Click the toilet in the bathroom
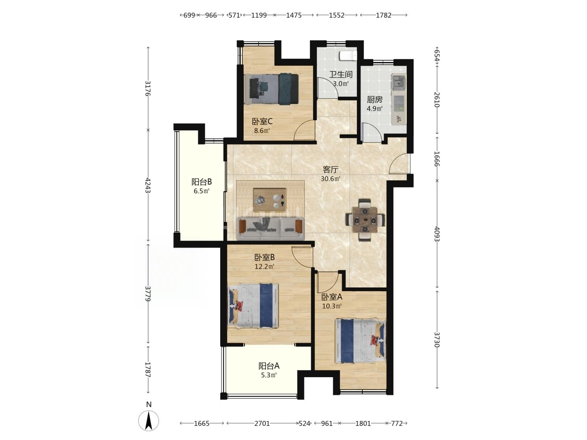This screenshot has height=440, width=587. (x=348, y=56)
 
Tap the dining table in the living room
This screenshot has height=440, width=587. (x=365, y=220)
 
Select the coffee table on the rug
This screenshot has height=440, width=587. (x=270, y=200)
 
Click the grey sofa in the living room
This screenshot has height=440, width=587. (x=270, y=228)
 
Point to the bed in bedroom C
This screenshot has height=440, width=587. (x=271, y=89)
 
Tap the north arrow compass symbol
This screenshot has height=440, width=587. (x=149, y=420)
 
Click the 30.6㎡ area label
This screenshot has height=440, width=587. (x=330, y=179)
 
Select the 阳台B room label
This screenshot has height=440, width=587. (x=202, y=182)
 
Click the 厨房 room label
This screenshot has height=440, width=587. (x=374, y=100)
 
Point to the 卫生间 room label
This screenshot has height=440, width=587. (x=341, y=75)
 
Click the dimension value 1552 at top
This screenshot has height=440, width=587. (x=337, y=15)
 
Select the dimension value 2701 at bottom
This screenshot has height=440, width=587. (x=262, y=423)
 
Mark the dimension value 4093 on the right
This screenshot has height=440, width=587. (x=437, y=234)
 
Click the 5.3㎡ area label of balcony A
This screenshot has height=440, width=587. (x=269, y=375)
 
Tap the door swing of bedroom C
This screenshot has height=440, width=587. (x=304, y=130)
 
